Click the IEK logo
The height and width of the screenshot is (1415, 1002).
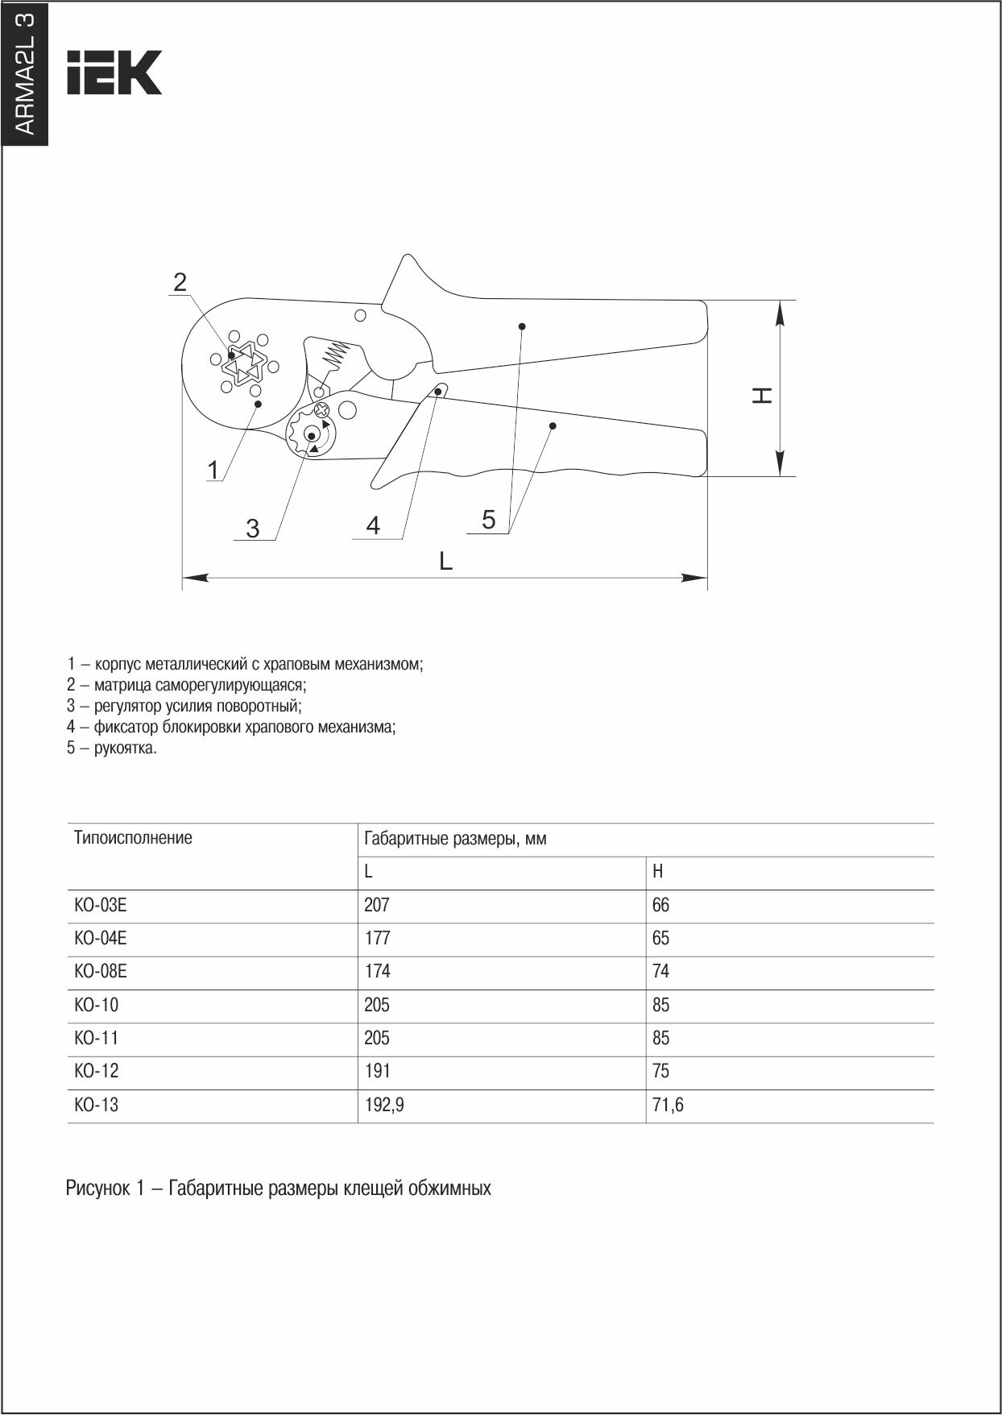point(114,73)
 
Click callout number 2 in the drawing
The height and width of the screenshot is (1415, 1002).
point(180,282)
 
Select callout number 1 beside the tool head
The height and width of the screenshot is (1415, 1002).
point(213,469)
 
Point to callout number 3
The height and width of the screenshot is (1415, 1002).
point(253,529)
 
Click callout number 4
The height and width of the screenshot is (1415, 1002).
point(373,525)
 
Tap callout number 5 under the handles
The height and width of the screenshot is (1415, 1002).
point(489,520)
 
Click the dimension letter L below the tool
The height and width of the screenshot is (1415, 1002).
point(445,560)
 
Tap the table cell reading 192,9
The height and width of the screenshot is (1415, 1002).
point(384,1105)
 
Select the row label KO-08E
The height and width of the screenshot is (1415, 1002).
point(101,972)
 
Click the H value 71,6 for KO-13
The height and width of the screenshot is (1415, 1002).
point(668,1105)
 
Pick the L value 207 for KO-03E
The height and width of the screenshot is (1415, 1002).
point(376,905)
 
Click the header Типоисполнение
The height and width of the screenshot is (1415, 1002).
point(133,838)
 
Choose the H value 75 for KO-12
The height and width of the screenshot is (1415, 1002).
point(660,1071)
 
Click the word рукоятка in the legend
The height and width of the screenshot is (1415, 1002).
point(125,748)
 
